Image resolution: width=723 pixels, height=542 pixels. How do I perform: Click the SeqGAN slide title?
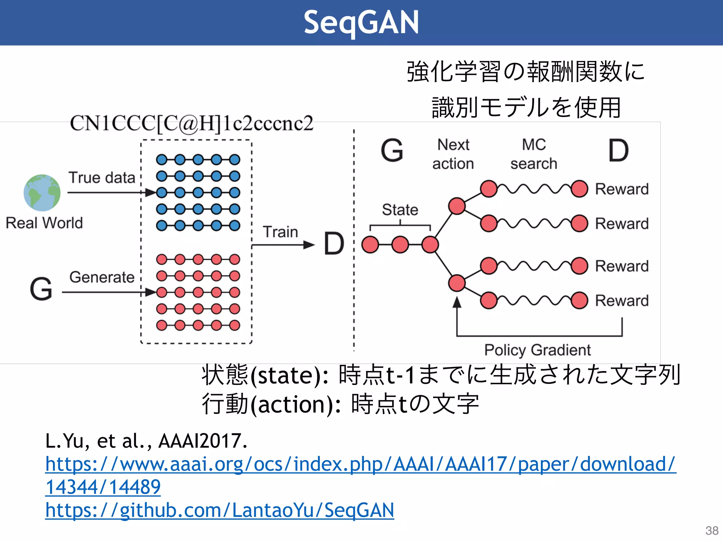pos(361,23)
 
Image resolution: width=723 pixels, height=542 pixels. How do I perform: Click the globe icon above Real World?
pos(42,193)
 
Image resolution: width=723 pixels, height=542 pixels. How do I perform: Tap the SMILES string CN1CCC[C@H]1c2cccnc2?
pos(192,124)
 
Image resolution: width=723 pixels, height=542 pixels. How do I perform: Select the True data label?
pos(102,177)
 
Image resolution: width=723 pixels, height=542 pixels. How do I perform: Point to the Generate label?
pos(102,277)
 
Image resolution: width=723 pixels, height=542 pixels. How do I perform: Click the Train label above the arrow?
pos(280,232)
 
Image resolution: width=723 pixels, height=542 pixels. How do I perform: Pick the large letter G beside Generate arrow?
pos(41,289)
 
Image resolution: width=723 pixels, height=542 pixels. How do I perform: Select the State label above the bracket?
pos(400,210)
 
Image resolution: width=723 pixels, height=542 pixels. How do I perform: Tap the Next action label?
pos(453,154)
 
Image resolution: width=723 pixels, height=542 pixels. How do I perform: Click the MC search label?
pos(534,154)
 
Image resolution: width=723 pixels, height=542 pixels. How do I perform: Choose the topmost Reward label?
pos(622,189)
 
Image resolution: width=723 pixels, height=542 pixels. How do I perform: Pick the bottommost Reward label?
pos(622,301)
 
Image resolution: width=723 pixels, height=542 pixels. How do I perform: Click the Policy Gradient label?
pos(537,350)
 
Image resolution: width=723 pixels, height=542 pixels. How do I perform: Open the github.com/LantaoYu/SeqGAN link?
pos(220,510)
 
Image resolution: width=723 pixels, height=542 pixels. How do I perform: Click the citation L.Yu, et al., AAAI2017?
pos(146,441)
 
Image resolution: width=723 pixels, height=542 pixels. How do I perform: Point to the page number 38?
pos(712,530)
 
